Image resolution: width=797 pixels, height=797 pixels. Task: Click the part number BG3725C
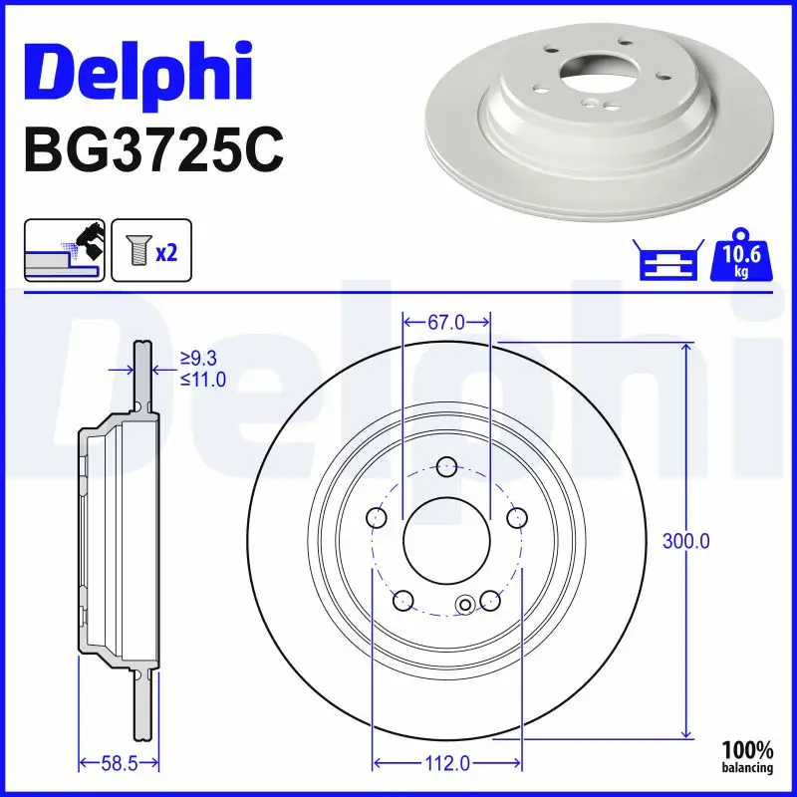(150, 150)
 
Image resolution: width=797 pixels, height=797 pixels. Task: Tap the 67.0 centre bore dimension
(446, 322)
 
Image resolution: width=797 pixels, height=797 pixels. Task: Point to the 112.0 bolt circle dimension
(446, 764)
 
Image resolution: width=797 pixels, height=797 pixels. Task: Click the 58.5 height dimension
(118, 764)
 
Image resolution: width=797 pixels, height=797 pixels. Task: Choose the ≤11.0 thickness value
(202, 379)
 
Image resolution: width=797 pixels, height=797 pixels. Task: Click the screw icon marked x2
(150, 252)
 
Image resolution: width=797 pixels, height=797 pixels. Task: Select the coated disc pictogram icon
(64, 251)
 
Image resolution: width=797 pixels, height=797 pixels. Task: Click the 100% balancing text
(747, 756)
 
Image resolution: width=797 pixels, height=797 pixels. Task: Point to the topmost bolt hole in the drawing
(446, 466)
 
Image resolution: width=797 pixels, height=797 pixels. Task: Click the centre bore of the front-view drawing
(446, 544)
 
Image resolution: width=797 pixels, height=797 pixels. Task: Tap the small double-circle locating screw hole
(465, 603)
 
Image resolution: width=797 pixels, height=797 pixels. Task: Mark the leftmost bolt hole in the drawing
(377, 518)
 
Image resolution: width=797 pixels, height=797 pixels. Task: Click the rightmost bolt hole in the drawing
(516, 518)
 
